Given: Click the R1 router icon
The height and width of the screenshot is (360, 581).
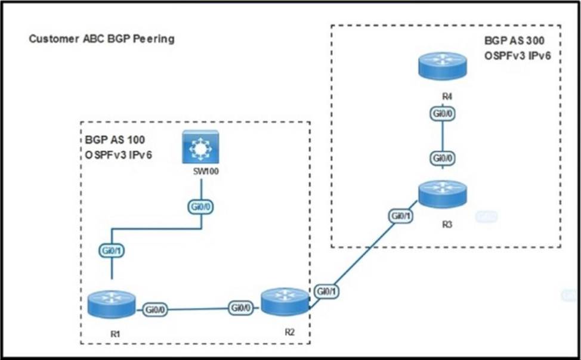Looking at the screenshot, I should tap(112, 304).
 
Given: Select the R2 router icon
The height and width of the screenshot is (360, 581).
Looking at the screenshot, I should tap(285, 301).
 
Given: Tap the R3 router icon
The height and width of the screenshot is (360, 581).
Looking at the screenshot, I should tap(441, 194).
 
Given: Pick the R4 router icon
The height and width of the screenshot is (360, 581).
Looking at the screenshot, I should tap(441, 65).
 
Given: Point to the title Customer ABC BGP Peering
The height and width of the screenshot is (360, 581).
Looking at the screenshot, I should tap(101, 39).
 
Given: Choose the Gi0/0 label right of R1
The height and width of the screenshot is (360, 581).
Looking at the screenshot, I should tap(155, 309).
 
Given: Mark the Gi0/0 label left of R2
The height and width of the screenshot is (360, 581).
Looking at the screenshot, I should tap(241, 308).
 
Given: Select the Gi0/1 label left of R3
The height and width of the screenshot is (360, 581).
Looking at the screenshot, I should tap(400, 216).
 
